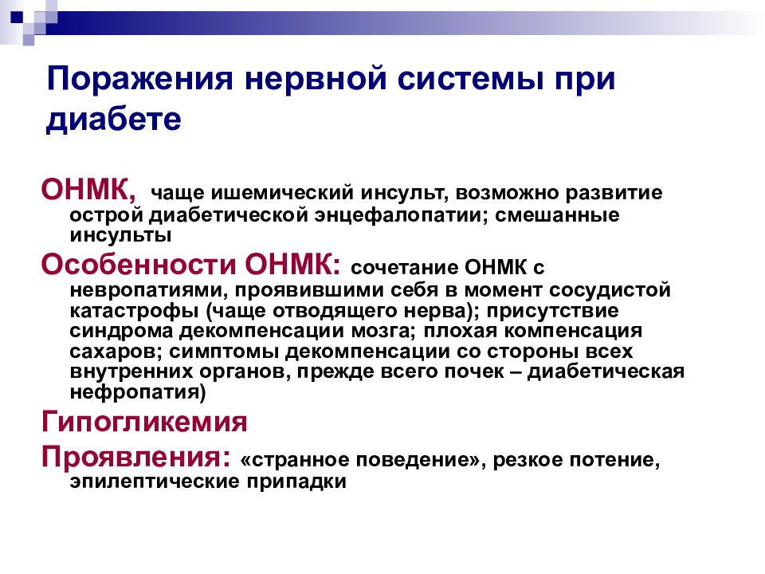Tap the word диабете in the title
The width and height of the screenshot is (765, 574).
115,119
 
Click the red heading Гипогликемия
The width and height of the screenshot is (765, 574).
143,421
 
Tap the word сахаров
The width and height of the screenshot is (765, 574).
104,351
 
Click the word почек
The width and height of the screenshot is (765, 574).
475,372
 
